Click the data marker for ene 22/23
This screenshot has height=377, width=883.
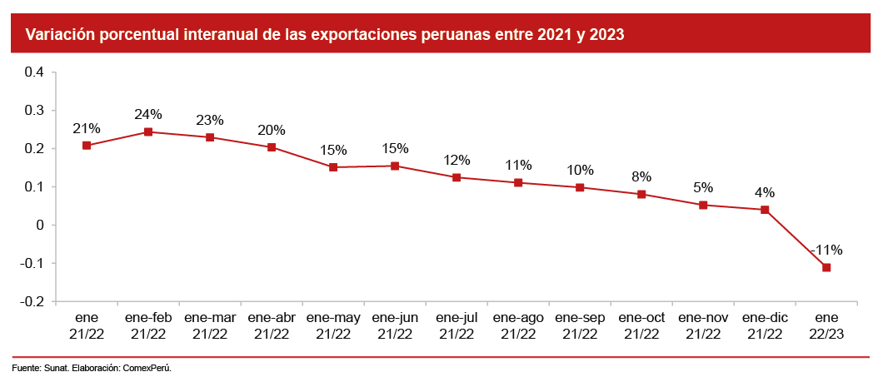pyautogui.click(x=826, y=267)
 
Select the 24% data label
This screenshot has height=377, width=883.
pyautogui.click(x=148, y=115)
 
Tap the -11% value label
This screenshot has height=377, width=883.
pyautogui.click(x=826, y=250)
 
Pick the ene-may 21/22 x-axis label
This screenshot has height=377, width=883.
pyautogui.click(x=333, y=325)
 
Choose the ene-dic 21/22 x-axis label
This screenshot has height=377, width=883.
pyautogui.click(x=765, y=325)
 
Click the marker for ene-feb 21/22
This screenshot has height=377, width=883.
pyautogui.click(x=148, y=131)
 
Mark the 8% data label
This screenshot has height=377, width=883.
pyautogui.click(x=641, y=176)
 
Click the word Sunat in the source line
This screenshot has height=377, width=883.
pyautogui.click(x=57, y=367)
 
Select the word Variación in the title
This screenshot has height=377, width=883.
pyautogui.click(x=57, y=35)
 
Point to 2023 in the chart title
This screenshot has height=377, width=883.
pyautogui.click(x=607, y=35)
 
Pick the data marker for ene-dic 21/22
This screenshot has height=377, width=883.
pyautogui.click(x=765, y=210)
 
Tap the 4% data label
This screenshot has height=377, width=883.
pyautogui.click(x=765, y=192)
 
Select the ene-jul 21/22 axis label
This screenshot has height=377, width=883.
pyautogui.click(x=456, y=325)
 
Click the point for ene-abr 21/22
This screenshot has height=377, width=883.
pyautogui.click(x=272, y=147)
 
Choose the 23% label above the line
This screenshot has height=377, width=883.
pyautogui.click(x=210, y=120)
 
